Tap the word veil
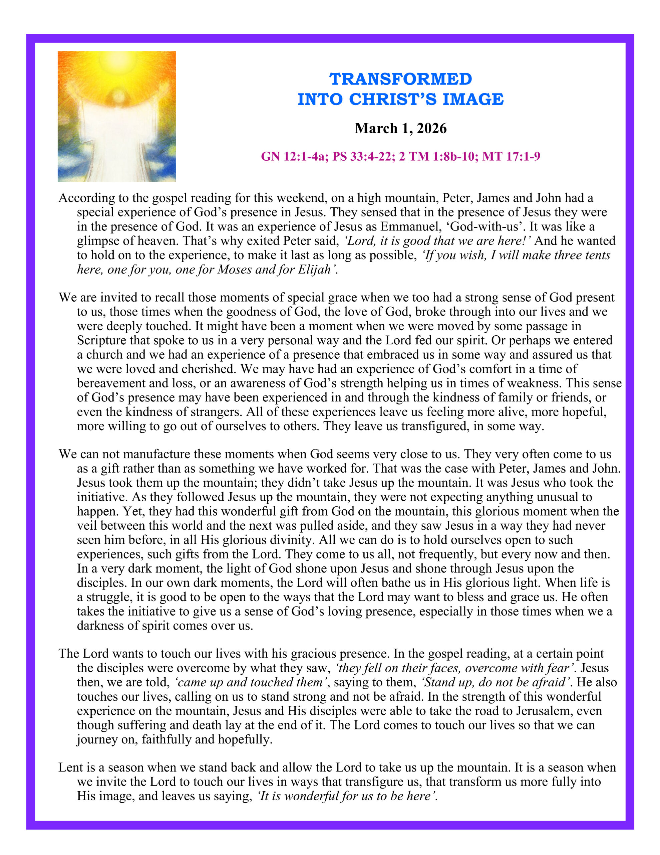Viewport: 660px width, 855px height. tap(86, 525)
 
